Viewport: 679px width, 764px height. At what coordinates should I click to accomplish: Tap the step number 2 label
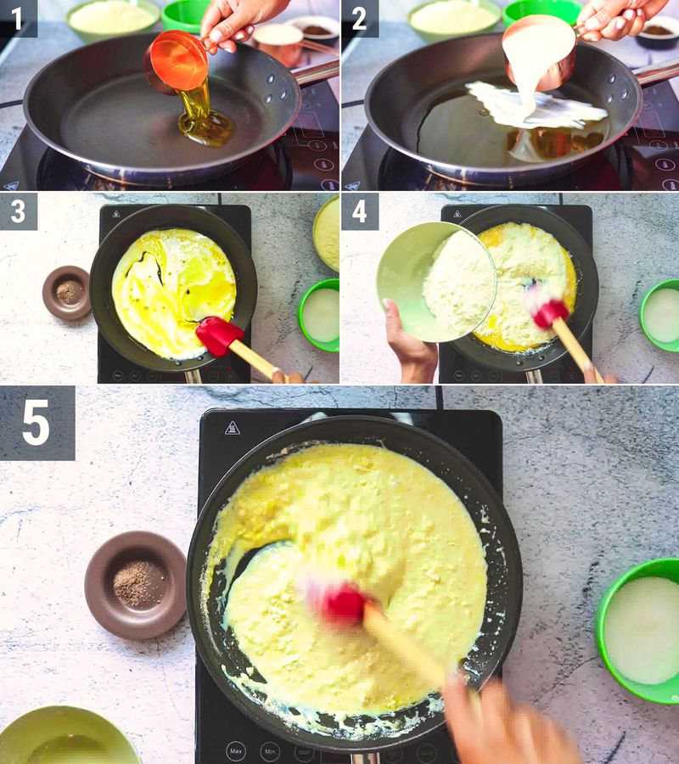tap(359, 19)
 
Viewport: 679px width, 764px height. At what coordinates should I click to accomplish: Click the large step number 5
tap(36, 423)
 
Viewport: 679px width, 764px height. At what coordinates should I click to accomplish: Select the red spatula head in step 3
tap(217, 334)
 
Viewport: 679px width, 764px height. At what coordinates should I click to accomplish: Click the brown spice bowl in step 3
tap(67, 293)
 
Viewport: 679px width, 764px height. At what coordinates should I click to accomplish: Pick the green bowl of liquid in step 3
tap(320, 315)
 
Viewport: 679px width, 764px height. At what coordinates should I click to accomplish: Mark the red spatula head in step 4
tap(547, 310)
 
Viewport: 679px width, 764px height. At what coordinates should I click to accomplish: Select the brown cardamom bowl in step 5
tap(135, 584)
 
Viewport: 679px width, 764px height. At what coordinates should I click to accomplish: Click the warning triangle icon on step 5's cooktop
tap(232, 427)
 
